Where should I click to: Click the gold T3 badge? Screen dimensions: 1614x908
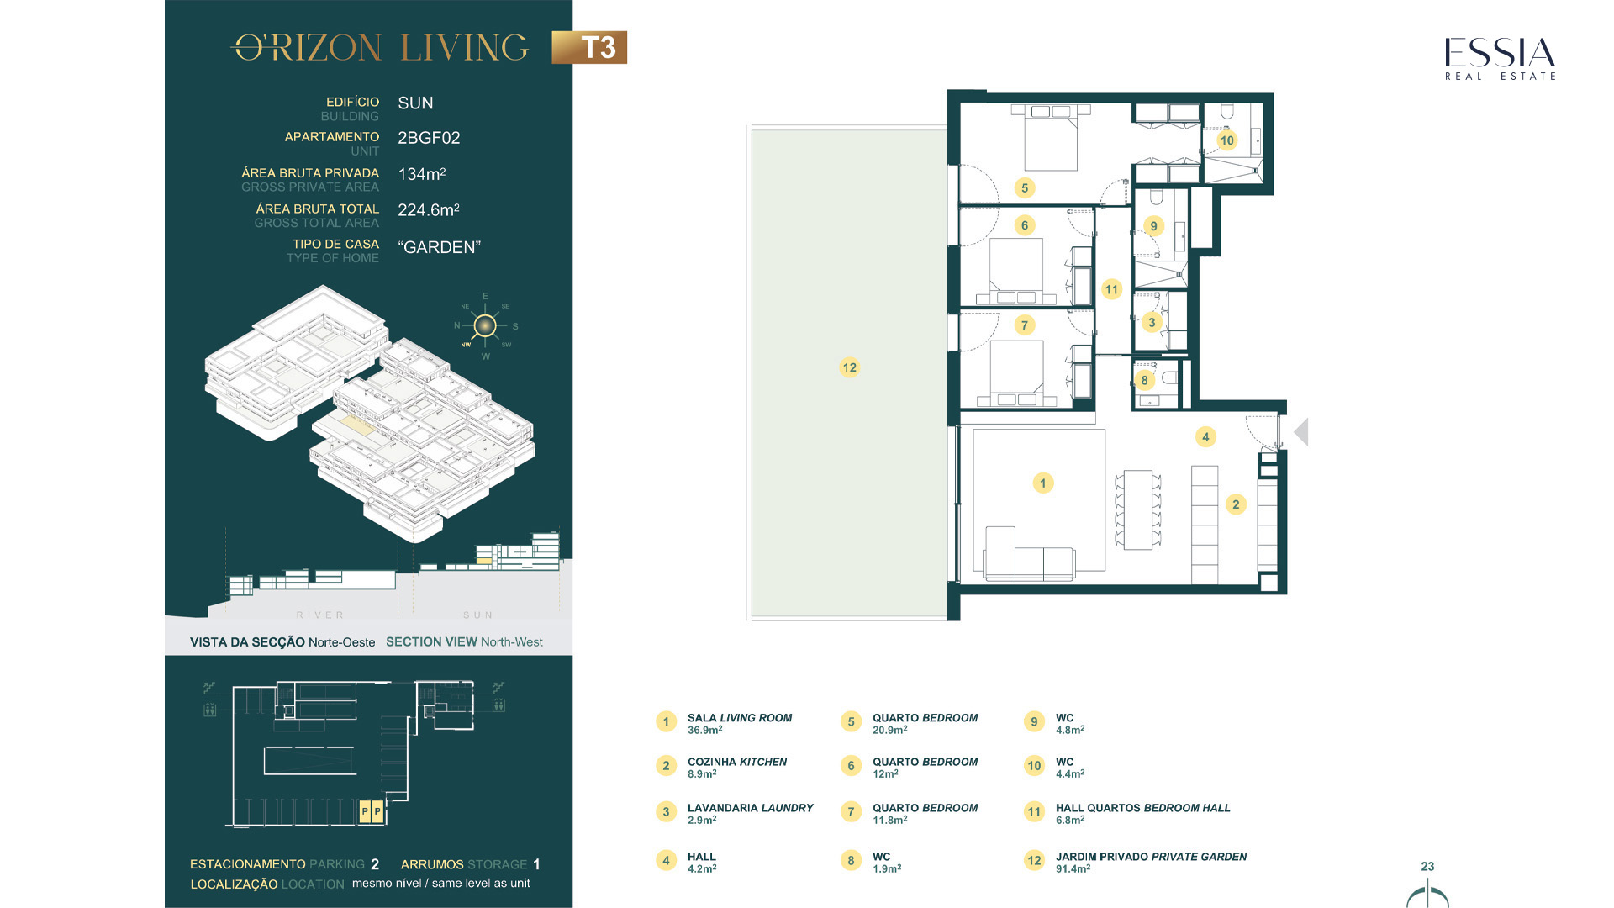589,47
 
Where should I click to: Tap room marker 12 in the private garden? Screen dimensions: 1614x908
849,367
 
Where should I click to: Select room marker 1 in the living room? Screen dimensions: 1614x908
1042,483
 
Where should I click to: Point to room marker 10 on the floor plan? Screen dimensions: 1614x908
1226,140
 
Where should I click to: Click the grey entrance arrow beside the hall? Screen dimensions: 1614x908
1301,432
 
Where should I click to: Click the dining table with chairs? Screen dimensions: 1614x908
1137,509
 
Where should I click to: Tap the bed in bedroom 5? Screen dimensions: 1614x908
1051,139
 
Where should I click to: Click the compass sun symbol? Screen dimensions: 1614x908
485,325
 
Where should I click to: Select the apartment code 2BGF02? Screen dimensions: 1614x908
429,138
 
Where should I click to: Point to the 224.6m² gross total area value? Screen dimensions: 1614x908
429,209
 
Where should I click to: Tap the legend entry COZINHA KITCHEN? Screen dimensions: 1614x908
737,762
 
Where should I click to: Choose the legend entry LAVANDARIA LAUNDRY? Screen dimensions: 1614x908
751,808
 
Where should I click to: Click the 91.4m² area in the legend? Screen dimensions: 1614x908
1073,868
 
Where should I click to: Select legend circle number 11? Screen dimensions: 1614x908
1034,812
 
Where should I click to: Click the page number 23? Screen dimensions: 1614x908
1427,866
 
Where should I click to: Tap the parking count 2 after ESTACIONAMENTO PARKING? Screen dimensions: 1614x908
375,864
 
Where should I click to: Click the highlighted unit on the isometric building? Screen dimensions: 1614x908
357,425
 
